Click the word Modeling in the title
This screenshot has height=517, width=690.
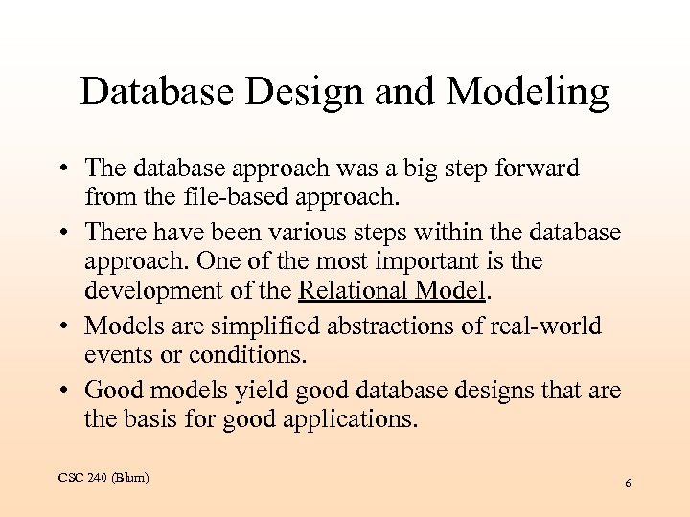click(527, 93)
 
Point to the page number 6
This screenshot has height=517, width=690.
click(628, 483)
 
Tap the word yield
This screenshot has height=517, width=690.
click(271, 391)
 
